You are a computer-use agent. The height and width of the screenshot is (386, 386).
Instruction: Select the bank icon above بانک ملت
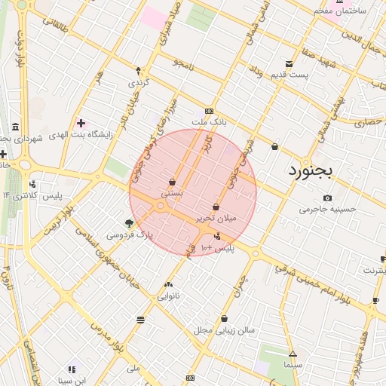pyautogui.click(x=209, y=111)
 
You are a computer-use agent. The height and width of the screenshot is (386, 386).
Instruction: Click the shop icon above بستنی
pyautogui.click(x=173, y=182)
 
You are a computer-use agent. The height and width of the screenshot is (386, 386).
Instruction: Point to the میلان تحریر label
pyautogui.click(x=216, y=218)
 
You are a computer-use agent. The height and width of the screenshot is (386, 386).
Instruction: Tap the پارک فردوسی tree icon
pyautogui.click(x=130, y=223)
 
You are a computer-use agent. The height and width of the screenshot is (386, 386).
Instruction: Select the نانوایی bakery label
pyautogui.click(x=167, y=296)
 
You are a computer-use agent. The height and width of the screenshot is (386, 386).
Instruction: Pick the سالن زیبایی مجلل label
pyautogui.click(x=225, y=329)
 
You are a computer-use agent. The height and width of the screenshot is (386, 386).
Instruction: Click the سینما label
pyautogui.click(x=293, y=365)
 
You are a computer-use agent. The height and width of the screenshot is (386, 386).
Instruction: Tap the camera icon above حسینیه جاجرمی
pyautogui.click(x=326, y=198)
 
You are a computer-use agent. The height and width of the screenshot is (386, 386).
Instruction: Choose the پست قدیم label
pyautogui.click(x=289, y=75)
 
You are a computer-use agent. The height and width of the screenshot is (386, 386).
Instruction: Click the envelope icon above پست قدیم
pyautogui.click(x=289, y=64)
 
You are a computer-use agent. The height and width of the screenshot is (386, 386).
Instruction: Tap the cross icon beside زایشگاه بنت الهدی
pyautogui.click(x=81, y=123)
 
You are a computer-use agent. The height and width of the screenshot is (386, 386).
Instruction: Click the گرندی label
pyautogui.click(x=138, y=81)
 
